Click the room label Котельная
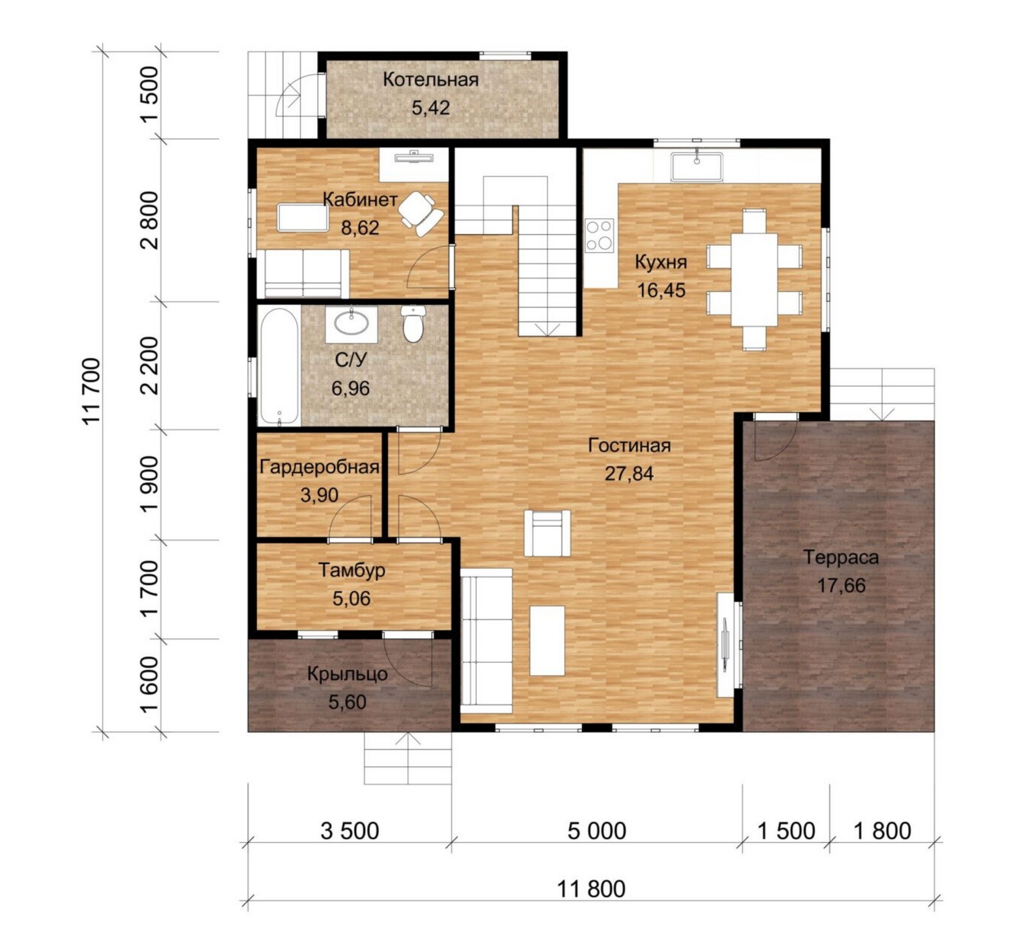[x=430, y=80]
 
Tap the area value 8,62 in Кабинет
[x=360, y=228]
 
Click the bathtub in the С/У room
[x=279, y=367]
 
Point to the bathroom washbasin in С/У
[x=351, y=324]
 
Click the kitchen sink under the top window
[x=696, y=167]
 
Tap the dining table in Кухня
[x=754, y=279]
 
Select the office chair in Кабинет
[x=420, y=213]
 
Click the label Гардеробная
[x=319, y=467]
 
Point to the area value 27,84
[x=629, y=474]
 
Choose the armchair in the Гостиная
[x=547, y=533]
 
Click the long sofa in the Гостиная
[x=487, y=641]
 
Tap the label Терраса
[x=841, y=558]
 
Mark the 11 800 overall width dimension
[x=591, y=889]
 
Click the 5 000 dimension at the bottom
[x=597, y=831]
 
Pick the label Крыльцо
[x=347, y=674]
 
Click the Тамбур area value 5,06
[x=352, y=599]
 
